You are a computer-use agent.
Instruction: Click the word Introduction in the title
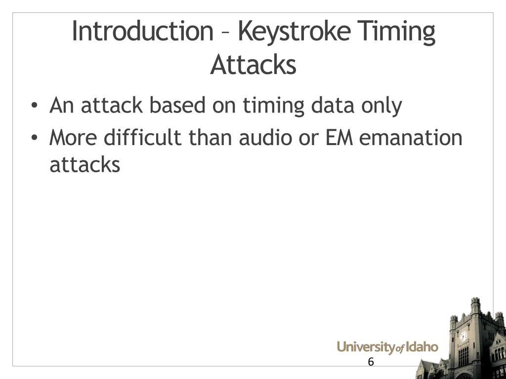[142, 32]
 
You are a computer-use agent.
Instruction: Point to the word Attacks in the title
[253, 65]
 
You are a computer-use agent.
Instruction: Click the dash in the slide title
[225, 34]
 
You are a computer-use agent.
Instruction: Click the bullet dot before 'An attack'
[34, 106]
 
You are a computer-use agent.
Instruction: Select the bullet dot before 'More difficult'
[34, 139]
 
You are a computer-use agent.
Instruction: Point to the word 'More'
[73, 138]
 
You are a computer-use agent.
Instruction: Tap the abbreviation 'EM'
[339, 138]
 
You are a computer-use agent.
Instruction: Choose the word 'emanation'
[411, 138]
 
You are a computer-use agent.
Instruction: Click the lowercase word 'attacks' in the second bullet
[84, 164]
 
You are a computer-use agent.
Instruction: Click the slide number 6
[371, 362]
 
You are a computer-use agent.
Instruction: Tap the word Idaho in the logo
[422, 347]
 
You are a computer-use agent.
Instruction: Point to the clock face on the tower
[463, 336]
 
